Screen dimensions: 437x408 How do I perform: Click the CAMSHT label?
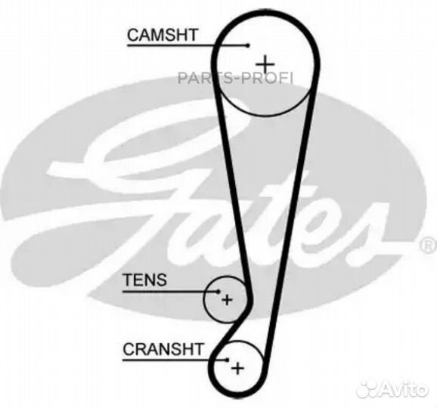(163, 35)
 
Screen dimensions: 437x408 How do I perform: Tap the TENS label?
(145, 280)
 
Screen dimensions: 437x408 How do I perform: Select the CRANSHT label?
(163, 349)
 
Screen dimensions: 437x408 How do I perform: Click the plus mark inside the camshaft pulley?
(265, 65)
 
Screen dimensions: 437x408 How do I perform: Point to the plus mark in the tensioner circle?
(227, 300)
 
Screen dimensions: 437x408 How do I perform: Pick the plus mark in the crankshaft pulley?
(237, 369)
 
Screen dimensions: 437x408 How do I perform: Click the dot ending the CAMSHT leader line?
(248, 45)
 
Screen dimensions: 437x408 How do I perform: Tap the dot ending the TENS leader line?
(218, 292)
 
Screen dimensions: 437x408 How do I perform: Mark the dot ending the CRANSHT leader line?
(228, 360)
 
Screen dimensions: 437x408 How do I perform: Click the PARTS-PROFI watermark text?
(235, 78)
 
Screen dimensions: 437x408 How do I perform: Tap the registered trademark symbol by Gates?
(429, 246)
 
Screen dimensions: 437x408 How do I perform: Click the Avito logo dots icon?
(367, 388)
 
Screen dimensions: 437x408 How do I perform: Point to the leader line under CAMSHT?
(188, 45)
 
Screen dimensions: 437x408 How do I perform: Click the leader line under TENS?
(171, 292)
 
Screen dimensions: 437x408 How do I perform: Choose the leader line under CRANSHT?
(175, 360)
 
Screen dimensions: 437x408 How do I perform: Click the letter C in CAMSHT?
(133, 35)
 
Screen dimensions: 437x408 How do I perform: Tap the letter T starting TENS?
(128, 280)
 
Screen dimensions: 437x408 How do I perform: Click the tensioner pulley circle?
(205, 300)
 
